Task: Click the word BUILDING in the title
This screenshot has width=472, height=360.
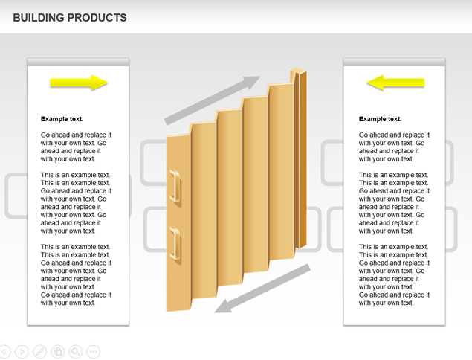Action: coord(37,18)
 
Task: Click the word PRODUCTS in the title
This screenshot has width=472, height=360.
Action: coord(97,18)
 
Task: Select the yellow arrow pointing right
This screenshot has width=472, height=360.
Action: coord(79,83)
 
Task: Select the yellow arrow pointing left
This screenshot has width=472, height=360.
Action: coord(395,83)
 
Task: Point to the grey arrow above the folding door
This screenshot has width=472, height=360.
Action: coord(213,100)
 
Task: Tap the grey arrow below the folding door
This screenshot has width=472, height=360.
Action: coord(262,289)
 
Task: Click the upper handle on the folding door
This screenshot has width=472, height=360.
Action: coord(175,185)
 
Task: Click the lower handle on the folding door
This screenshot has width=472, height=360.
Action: coord(175,243)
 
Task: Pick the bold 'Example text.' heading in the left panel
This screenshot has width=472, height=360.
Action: coord(62,119)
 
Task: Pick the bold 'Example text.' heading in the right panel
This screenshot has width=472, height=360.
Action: coord(380,119)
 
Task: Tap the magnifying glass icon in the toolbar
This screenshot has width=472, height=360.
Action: coord(76,352)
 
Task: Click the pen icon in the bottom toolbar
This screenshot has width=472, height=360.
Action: coord(39,352)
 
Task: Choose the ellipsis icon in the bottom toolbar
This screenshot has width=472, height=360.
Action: coord(94,352)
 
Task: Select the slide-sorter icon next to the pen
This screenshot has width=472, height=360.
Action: coord(57,352)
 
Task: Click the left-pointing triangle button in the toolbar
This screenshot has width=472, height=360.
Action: coord(4,352)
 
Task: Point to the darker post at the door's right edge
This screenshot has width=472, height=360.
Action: coord(301,159)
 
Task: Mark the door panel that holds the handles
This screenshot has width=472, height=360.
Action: coord(178,223)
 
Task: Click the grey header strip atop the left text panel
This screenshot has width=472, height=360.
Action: coord(78,62)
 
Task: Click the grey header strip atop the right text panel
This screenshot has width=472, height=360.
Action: coord(395,62)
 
